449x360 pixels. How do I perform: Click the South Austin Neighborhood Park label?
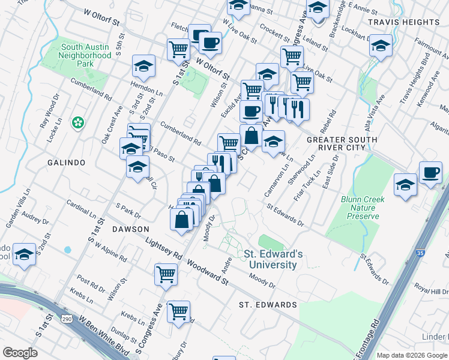click(85, 55)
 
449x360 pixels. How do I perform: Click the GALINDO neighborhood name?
click(67, 163)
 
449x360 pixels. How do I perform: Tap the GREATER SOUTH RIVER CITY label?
click(342, 143)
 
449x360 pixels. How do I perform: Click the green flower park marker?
click(77, 123)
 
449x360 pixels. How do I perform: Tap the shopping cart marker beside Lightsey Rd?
click(166, 274)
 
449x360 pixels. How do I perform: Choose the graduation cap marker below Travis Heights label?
click(381, 46)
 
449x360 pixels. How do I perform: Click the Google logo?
click(20, 352)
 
